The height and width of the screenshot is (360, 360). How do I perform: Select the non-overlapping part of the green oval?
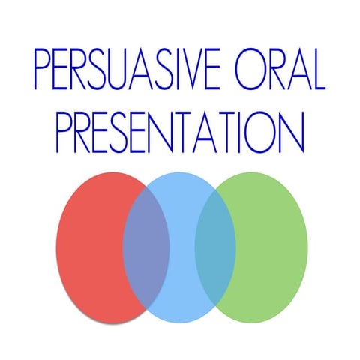(274, 240)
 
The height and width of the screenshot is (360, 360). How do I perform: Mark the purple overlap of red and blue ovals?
(146, 247)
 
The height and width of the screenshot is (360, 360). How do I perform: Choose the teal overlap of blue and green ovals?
(215, 247)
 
